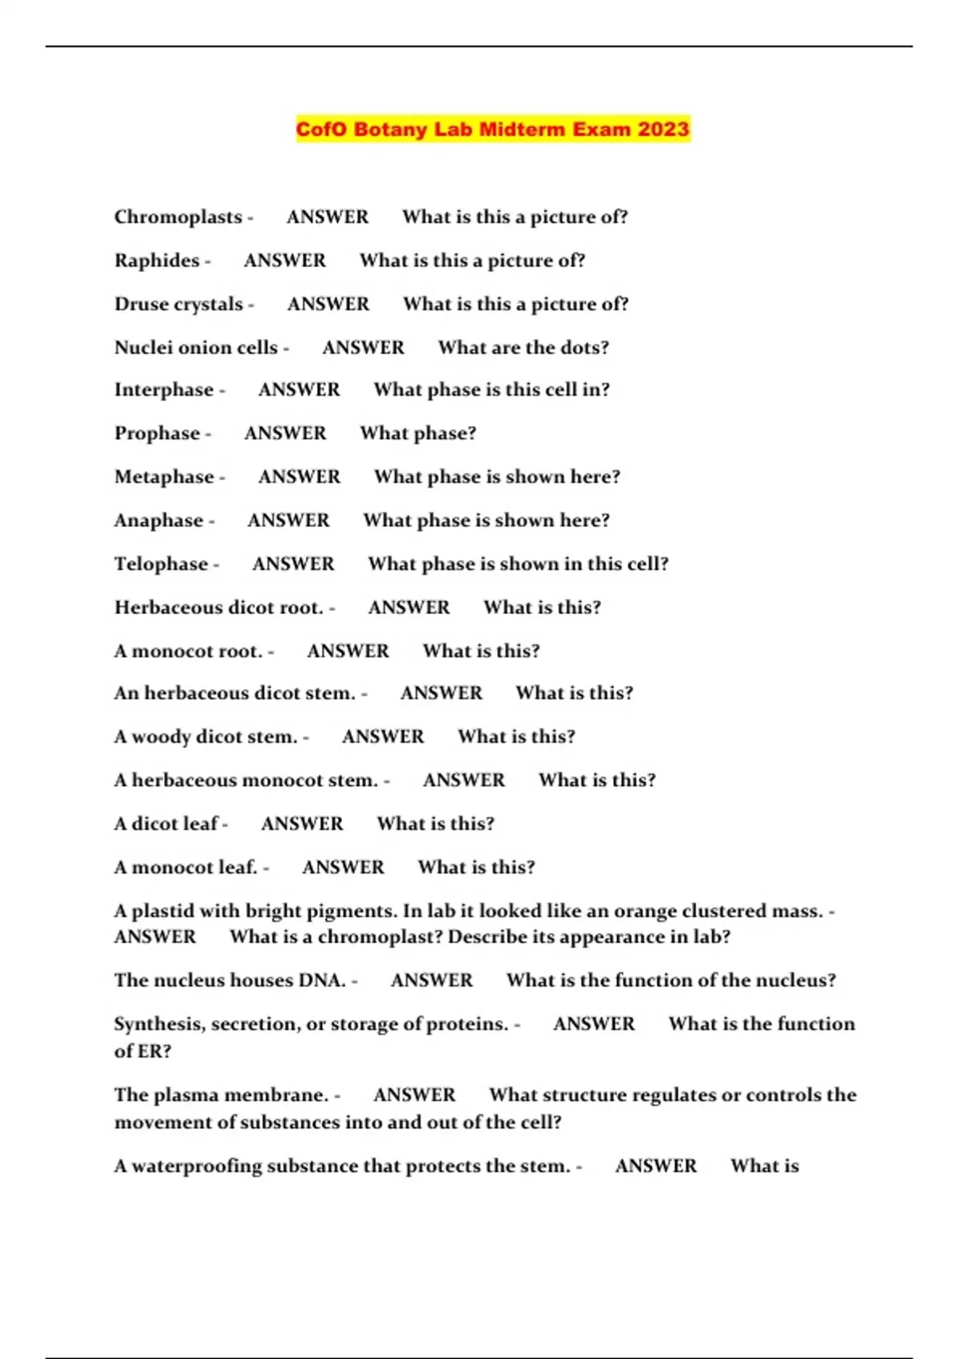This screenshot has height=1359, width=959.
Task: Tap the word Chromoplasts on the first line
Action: (x=177, y=217)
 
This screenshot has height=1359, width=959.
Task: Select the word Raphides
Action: (x=157, y=261)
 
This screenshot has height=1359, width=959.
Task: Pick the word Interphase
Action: (x=164, y=390)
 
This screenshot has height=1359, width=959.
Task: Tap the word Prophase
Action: (x=157, y=433)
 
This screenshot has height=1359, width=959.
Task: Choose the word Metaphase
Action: (x=164, y=477)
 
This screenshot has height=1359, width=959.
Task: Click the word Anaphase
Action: (x=158, y=520)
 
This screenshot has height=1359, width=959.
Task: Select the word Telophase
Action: (x=161, y=564)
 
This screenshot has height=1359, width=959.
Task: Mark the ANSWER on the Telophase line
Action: (x=293, y=564)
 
